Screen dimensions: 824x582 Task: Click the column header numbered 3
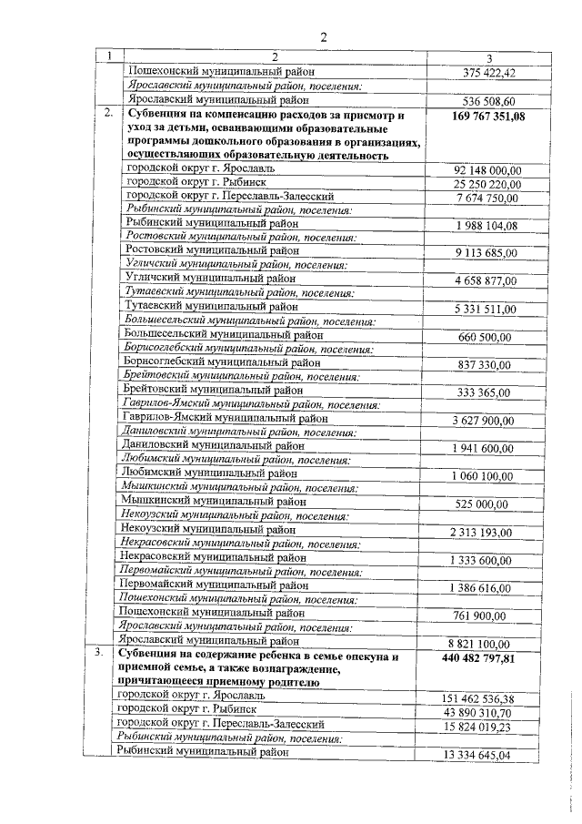[488, 57]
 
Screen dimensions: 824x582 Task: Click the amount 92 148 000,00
[488, 170]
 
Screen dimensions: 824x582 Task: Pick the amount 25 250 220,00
[488, 184]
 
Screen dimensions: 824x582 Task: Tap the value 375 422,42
[489, 73]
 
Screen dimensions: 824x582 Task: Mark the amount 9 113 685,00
[487, 253]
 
